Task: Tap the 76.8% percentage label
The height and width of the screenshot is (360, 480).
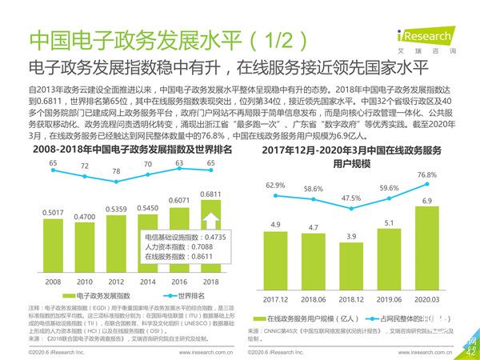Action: pos(427,174)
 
